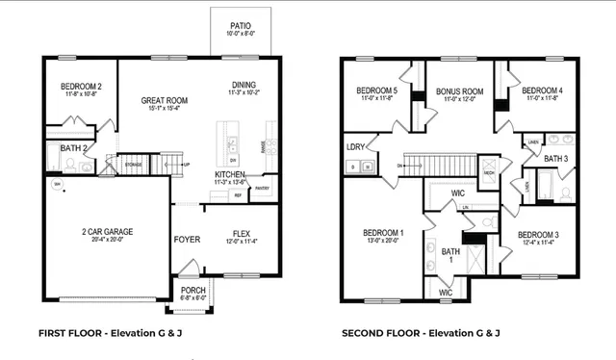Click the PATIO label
point(241,27)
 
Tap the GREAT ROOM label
point(164,100)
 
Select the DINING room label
point(244,84)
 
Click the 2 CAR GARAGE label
point(107,232)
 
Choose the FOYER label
point(187,239)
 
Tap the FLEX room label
point(241,234)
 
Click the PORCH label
point(192,290)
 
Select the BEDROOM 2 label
point(81,87)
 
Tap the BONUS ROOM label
point(458,92)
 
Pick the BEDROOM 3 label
point(537,235)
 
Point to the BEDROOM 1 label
point(383,233)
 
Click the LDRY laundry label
point(355,147)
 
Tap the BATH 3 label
point(556,158)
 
